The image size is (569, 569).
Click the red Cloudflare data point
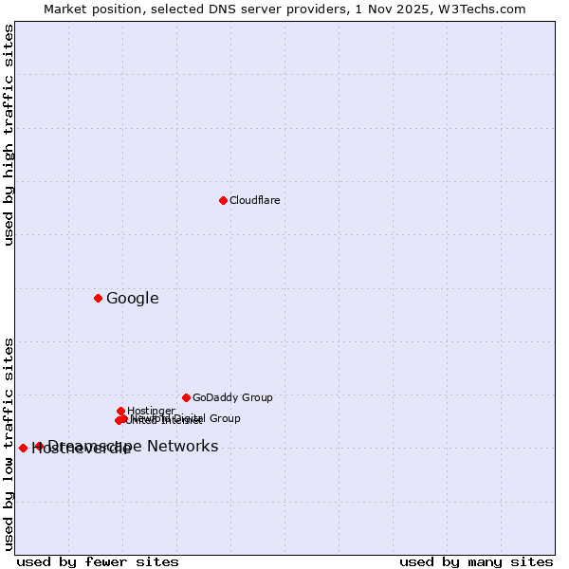223,200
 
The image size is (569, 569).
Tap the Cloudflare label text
255,201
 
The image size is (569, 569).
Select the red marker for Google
98,298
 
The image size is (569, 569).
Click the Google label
133,299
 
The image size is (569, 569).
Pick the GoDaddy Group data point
186,397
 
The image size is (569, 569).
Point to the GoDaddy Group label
232,398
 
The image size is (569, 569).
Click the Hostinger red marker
121,411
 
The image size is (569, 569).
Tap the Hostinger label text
152,411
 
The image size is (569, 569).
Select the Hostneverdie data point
23,448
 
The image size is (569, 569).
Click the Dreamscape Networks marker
39,446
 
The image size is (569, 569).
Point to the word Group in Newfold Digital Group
224,418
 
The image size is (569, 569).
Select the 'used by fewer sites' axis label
98,562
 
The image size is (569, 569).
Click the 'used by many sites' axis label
476,562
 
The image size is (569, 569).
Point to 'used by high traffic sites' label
9,136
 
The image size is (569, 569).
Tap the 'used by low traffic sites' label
9,444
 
